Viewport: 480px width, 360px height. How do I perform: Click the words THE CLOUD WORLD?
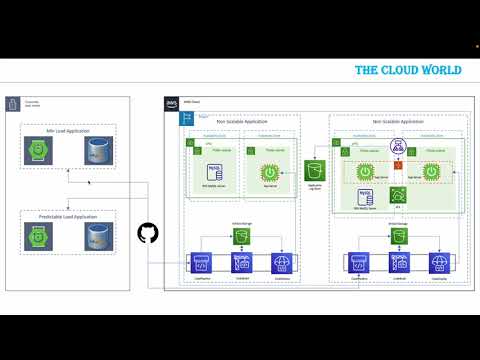point(408,71)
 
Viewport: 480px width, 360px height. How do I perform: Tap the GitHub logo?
point(147,233)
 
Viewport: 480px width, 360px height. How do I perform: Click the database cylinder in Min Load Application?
point(97,152)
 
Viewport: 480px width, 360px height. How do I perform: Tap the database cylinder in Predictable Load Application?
point(97,236)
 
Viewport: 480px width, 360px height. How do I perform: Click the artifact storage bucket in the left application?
point(242,236)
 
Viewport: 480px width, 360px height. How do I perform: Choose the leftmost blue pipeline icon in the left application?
point(199,263)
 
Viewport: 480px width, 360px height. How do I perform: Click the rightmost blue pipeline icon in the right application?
point(438,263)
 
